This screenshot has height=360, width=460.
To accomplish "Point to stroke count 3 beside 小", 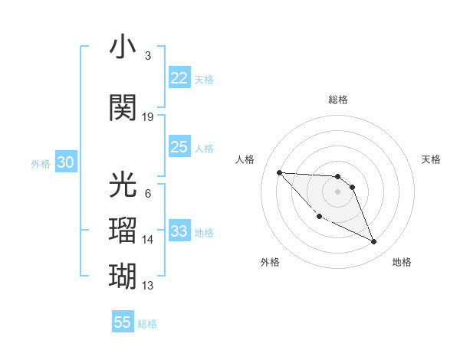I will [x=148, y=56].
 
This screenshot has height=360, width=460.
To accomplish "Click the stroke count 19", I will [x=148, y=117].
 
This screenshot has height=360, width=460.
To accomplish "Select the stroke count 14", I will [x=148, y=240].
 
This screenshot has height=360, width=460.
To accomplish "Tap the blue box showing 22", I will [x=179, y=77].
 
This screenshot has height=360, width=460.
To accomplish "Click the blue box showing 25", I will [x=179, y=147].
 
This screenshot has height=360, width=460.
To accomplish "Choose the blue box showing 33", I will [x=179, y=231].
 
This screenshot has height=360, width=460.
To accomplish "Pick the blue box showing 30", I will [x=65, y=162].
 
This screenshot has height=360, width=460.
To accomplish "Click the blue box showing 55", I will [x=123, y=322].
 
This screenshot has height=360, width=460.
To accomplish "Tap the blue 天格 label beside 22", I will [x=204, y=79].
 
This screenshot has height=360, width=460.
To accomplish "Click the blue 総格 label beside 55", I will [x=147, y=324].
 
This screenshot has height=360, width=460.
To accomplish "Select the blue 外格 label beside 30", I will [x=41, y=164].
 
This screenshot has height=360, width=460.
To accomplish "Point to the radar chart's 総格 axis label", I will [x=338, y=100].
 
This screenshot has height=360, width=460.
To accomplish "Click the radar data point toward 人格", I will [x=279, y=172].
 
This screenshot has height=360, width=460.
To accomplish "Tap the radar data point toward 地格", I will [x=374, y=242].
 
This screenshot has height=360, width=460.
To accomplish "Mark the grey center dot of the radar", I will [x=338, y=191].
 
